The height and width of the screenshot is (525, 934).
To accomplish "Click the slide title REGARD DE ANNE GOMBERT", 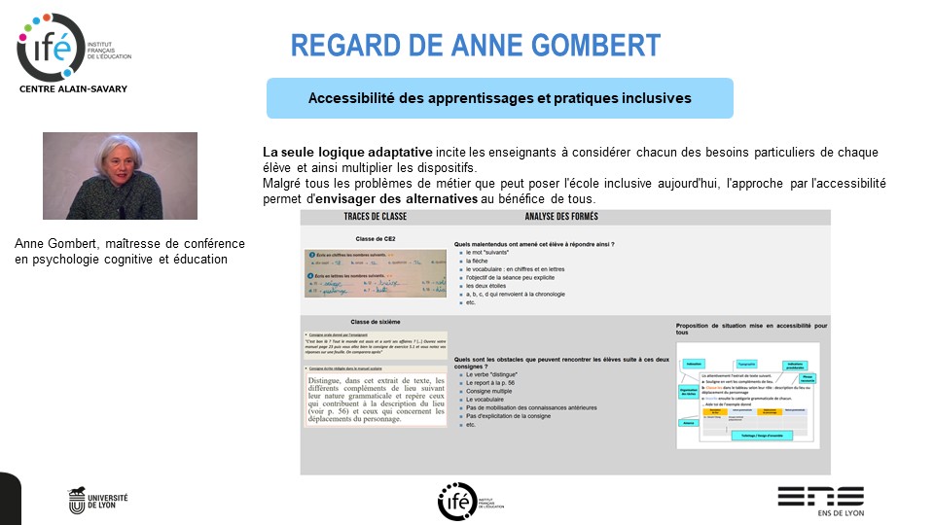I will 476,46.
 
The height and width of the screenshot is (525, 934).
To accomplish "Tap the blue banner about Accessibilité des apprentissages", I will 499,98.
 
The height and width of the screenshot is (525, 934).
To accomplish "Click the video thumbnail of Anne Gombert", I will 120,176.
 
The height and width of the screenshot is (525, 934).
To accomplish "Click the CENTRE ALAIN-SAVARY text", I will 73,88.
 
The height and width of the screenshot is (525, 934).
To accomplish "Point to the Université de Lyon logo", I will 98,500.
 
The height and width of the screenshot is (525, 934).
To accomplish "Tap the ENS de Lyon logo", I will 819,500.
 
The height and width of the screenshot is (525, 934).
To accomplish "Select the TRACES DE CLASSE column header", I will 375,216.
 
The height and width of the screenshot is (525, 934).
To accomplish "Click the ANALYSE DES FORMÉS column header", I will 561,216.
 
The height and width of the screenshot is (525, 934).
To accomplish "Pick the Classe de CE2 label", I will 375,237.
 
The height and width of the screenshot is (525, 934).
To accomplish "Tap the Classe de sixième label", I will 375,322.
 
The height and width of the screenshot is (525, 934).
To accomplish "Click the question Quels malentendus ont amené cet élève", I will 534,244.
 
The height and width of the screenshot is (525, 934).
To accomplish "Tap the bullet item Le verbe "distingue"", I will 491,374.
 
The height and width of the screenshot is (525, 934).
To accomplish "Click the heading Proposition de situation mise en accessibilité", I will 751,330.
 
